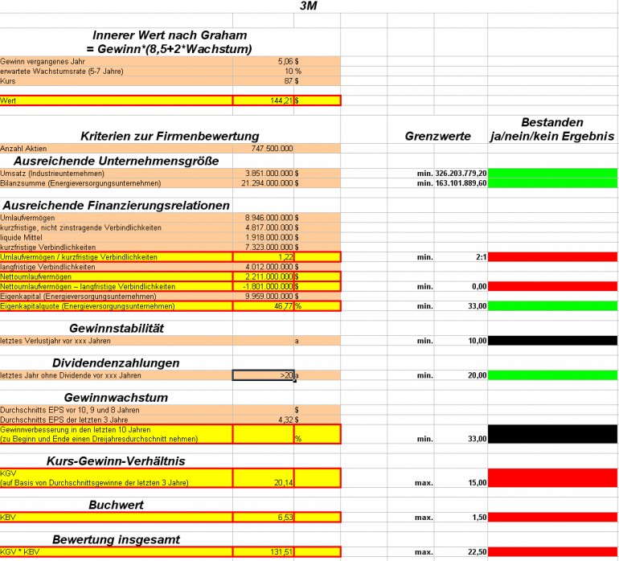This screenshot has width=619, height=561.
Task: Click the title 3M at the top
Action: click(x=308, y=6)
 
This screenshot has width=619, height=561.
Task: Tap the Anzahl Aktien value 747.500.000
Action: click(x=272, y=148)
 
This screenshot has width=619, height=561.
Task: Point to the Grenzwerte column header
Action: click(x=437, y=137)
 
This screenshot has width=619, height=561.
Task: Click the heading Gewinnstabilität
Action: click(x=117, y=328)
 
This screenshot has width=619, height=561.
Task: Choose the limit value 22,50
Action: click(x=476, y=552)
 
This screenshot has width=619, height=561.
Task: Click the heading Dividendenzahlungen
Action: click(x=117, y=363)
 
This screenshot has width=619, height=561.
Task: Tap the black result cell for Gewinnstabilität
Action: click(x=552, y=341)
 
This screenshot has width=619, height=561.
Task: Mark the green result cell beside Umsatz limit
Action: click(x=552, y=174)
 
